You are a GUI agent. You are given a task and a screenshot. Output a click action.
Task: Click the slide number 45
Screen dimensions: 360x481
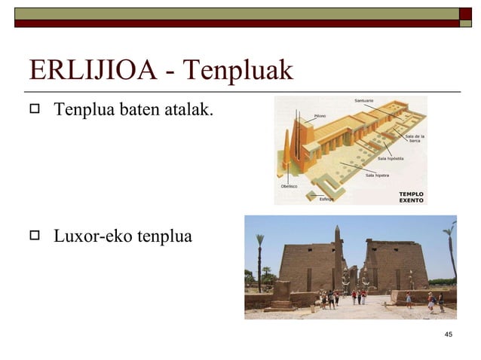pos(449,334)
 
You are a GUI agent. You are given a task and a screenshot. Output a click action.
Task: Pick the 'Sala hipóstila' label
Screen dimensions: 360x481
pos(390,159)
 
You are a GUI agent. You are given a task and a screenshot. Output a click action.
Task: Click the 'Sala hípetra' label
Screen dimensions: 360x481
pos(377,175)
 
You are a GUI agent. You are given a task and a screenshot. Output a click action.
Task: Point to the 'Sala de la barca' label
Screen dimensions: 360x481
pos(415,139)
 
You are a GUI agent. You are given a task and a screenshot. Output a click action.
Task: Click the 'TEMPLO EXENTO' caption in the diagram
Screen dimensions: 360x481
pos(411,197)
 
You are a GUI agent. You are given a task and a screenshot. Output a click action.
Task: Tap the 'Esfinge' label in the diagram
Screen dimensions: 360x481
pos(326,199)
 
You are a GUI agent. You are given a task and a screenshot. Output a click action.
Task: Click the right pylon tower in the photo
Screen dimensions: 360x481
pos(396,265)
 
